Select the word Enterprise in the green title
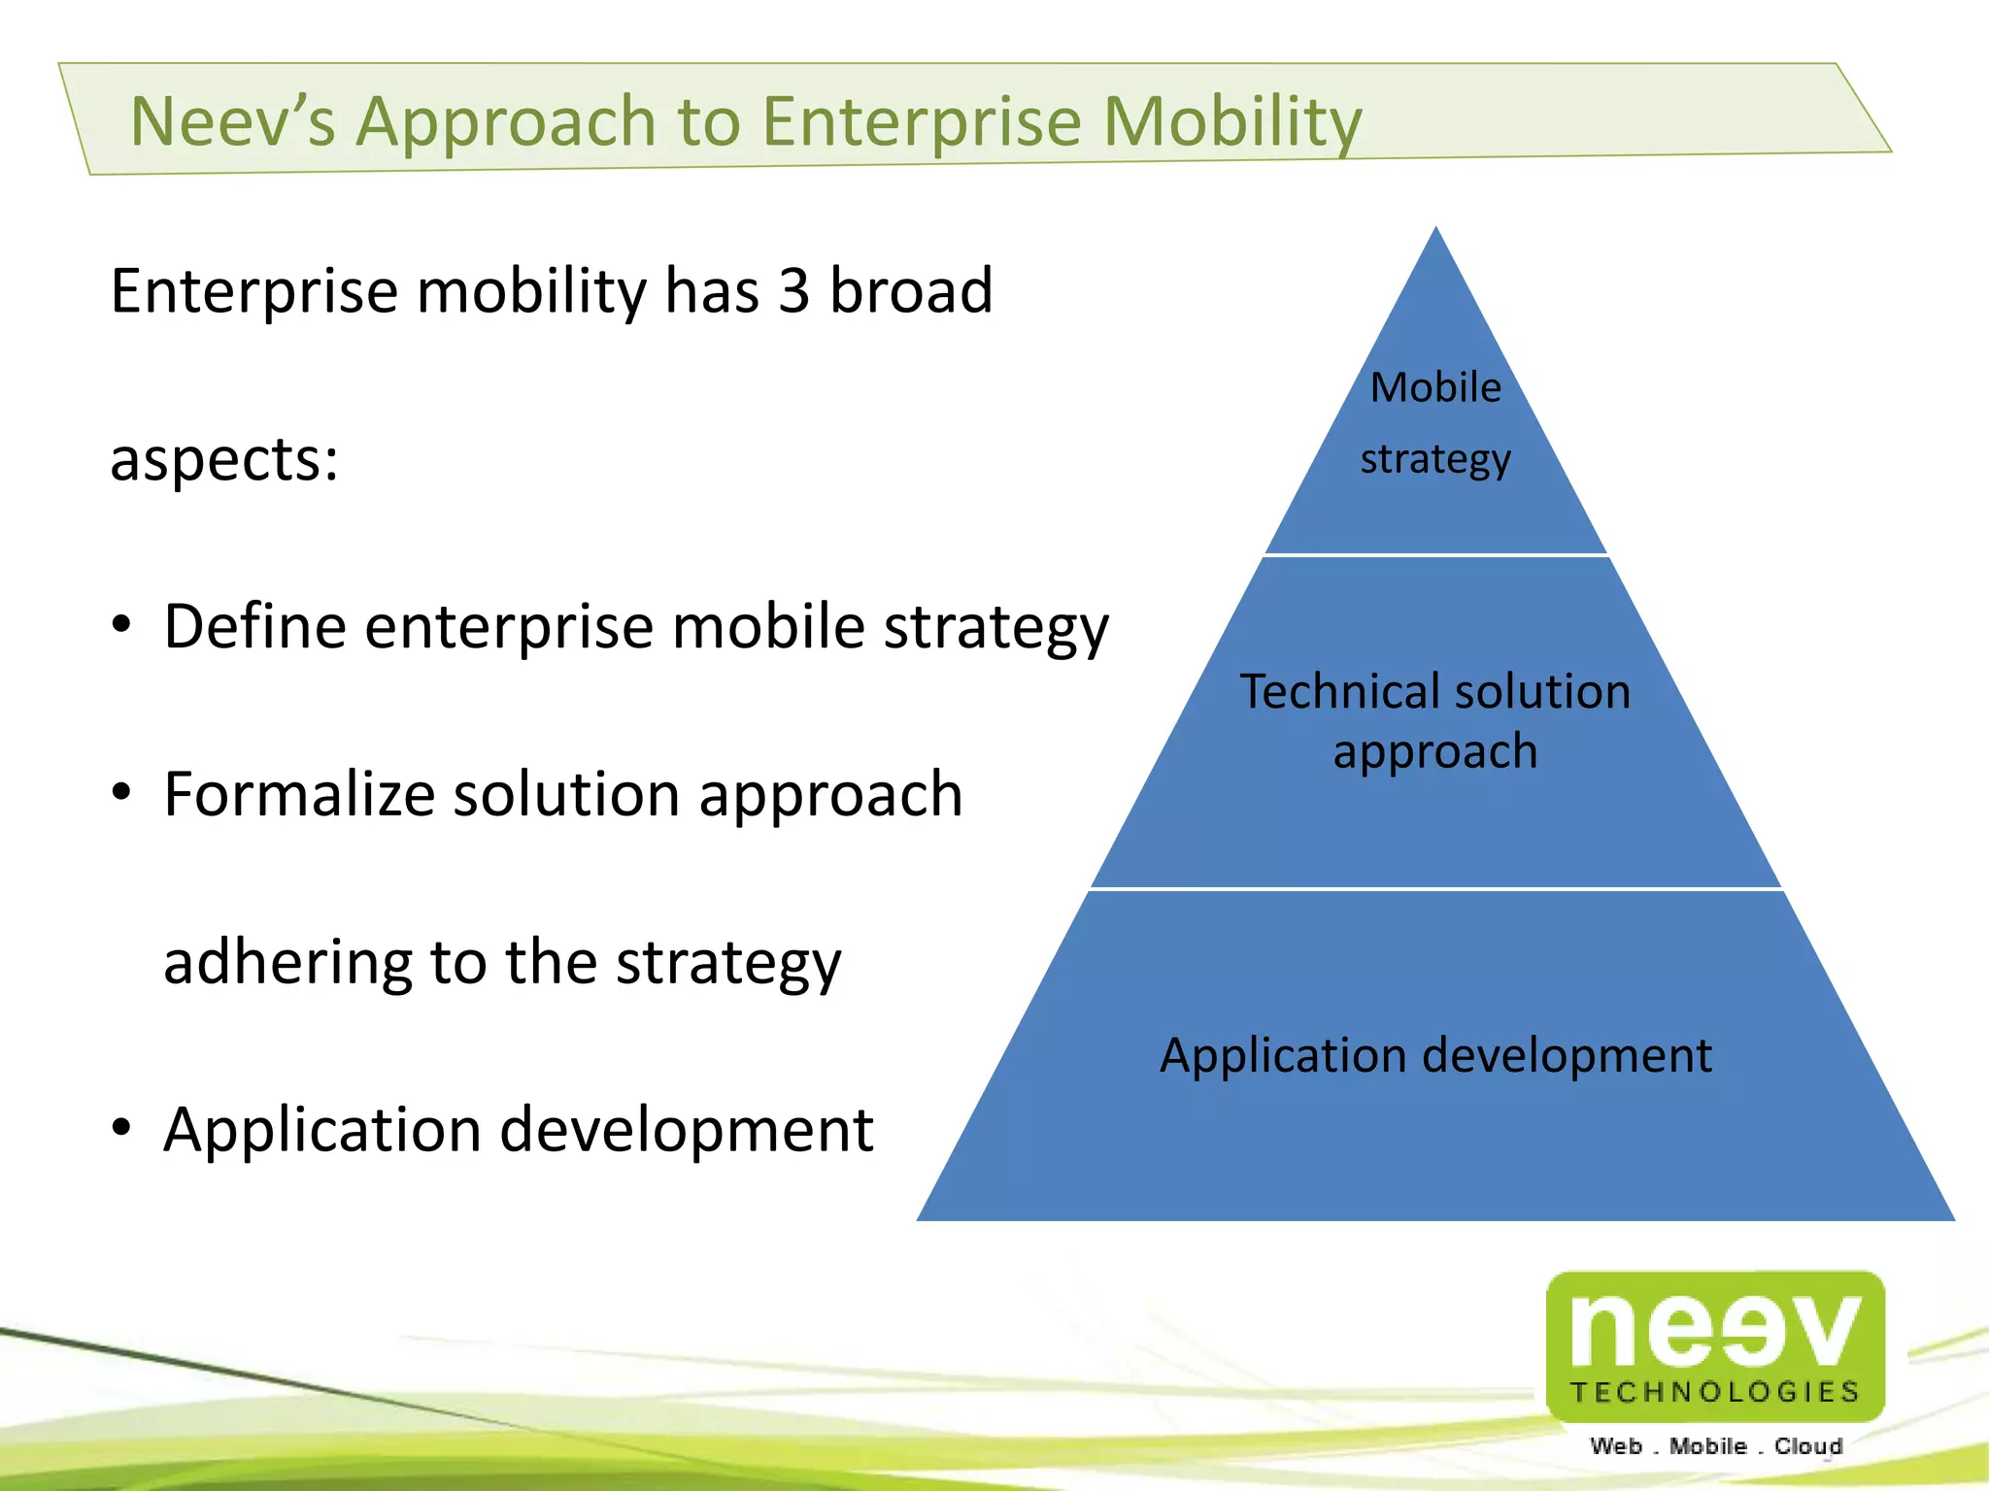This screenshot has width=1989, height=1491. point(921,123)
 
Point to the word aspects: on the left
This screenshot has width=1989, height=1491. point(224,459)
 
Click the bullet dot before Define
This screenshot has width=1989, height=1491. point(120,625)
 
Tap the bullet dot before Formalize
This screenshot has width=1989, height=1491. point(120,793)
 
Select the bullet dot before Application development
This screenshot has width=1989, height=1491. point(120,1128)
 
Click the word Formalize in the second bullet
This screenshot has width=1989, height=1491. point(299,794)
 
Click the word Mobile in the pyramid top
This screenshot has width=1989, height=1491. point(1435,387)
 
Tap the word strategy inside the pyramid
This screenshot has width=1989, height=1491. point(1435,459)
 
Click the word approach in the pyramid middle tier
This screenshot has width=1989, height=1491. point(1435,752)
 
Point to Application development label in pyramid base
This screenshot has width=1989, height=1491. point(1435,1055)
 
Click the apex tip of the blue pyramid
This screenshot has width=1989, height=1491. point(1436,231)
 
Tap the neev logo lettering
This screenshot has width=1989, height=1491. point(1714,1329)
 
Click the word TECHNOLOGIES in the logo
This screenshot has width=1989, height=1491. point(1715,1392)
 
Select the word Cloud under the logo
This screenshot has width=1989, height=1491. point(1807,1446)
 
